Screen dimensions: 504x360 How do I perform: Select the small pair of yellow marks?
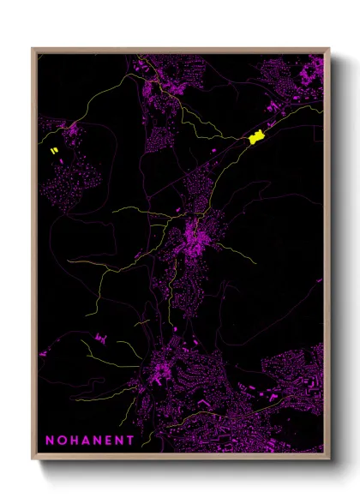tap(54, 151)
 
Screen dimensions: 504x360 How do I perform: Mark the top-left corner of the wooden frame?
tap(33, 49)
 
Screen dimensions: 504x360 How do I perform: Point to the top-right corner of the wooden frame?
tap(328, 49)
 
